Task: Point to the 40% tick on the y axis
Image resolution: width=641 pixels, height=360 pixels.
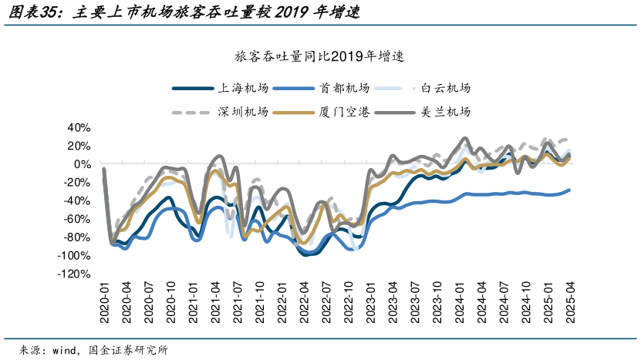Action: click(x=80, y=127)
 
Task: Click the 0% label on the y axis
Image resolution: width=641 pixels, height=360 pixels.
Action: click(x=84, y=164)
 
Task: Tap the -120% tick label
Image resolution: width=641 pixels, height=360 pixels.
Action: click(x=76, y=274)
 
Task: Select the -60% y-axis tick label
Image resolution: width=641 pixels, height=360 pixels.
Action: click(x=78, y=219)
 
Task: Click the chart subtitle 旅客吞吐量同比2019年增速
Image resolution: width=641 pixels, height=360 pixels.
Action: click(x=320, y=58)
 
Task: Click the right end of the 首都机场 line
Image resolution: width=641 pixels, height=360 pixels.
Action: click(x=570, y=190)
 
